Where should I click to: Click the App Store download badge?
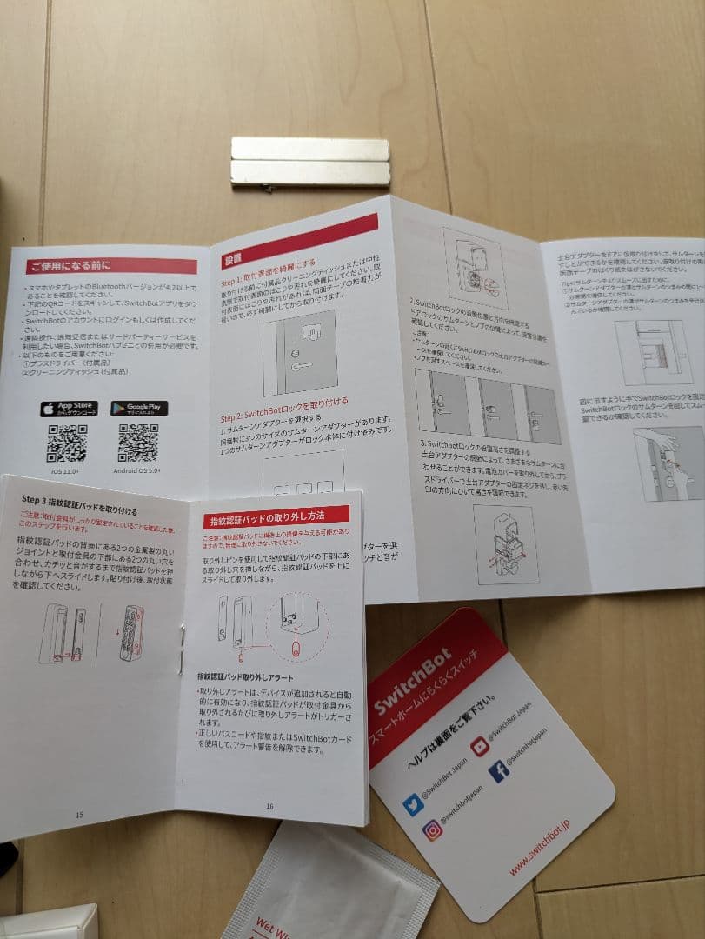coord(69,409)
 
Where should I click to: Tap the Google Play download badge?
coord(139,409)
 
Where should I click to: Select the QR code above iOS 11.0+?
coord(67,443)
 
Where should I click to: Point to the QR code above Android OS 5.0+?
coord(138,443)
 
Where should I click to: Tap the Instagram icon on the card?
coord(432,830)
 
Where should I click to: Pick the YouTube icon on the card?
coord(480,746)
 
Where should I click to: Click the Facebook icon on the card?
coord(499,771)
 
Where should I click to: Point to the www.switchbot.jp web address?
coord(540,846)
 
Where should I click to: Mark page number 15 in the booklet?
coord(79,815)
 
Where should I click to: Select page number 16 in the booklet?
coord(269,806)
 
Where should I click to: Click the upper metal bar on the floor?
coord(310,149)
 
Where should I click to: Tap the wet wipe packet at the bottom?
coord(330,887)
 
